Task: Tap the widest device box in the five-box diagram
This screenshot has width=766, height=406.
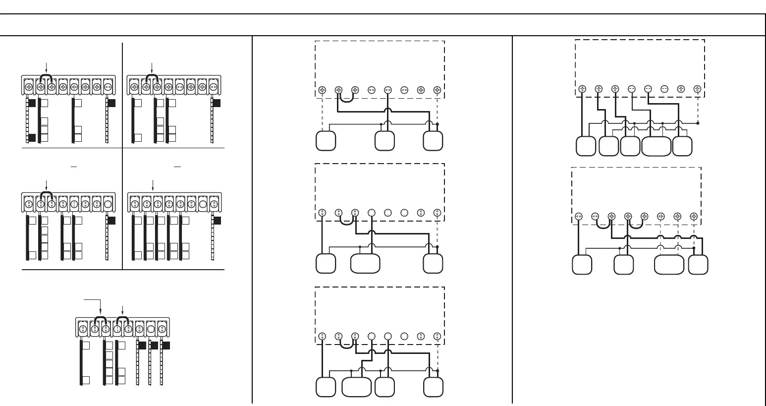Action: (656, 146)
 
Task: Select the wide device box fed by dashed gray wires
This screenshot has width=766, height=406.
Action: (669, 264)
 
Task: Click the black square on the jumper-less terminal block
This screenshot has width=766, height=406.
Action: (217, 220)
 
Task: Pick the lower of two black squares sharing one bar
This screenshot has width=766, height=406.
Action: (32, 137)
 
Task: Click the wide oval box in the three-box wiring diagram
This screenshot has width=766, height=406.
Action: (365, 263)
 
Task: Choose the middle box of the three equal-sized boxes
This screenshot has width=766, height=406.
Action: (384, 141)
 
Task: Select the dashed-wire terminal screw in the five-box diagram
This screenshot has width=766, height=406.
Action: (697, 89)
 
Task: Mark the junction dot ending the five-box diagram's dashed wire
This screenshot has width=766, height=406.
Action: (697, 122)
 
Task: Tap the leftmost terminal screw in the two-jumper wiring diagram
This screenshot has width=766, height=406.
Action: (579, 216)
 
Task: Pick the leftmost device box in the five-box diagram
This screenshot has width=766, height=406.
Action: (586, 146)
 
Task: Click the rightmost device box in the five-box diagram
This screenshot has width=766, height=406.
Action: (682, 146)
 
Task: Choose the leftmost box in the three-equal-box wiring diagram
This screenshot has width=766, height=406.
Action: (326, 141)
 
